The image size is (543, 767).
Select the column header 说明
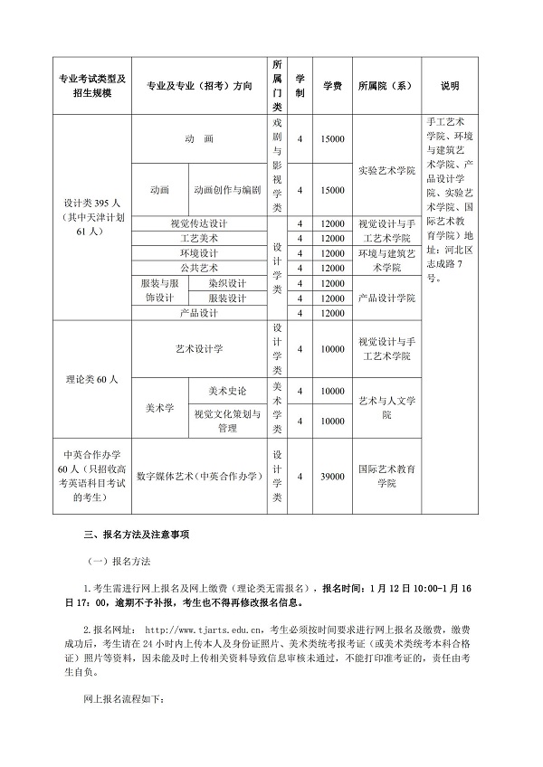pyautogui.click(x=450, y=86)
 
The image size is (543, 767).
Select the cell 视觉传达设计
pyautogui.click(x=199, y=223)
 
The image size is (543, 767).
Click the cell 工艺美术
pyautogui.click(x=199, y=238)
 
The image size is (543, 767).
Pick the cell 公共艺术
pyautogui.click(x=199, y=268)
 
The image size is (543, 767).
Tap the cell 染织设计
pyautogui.click(x=227, y=283)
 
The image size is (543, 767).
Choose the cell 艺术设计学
pyautogui.click(x=199, y=348)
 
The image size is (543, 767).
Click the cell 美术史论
pyautogui.click(x=227, y=391)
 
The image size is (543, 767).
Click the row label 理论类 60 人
pyautogui.click(x=92, y=379)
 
